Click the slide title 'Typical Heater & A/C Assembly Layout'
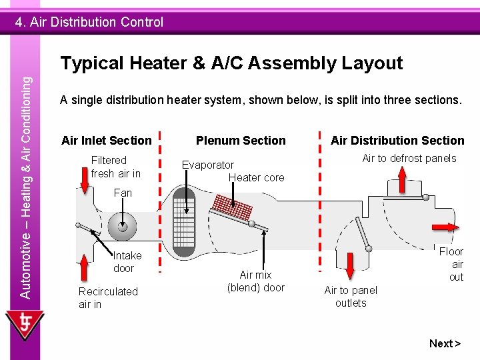pos(231,63)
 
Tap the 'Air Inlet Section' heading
pos(107,141)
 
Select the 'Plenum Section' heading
pos(241,141)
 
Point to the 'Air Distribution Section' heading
pos(397,141)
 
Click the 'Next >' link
pos(445,343)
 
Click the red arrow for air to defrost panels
pos(403,179)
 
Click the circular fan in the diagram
pos(123,227)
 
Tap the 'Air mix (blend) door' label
pos(255,281)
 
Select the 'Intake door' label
pos(127,262)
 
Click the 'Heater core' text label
pos(256,178)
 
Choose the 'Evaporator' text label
pos(208,165)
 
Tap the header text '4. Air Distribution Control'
pos(89,22)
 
